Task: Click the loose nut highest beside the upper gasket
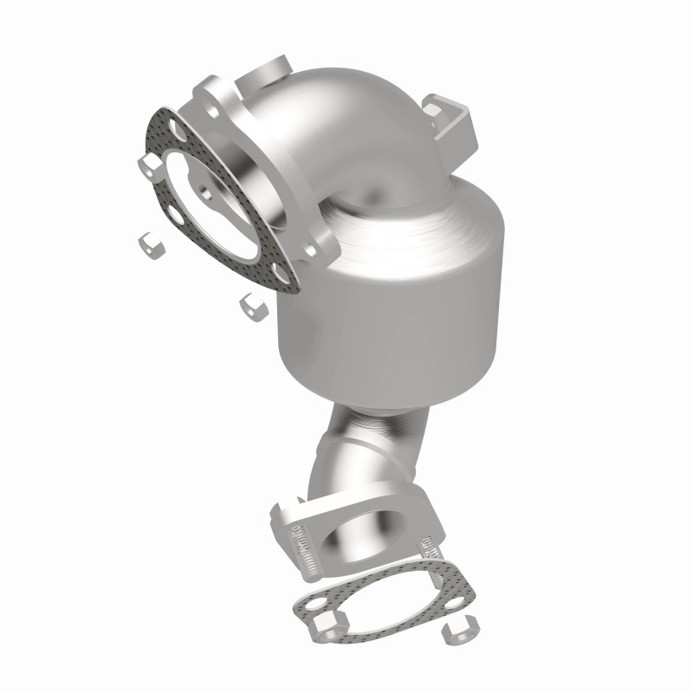(170, 165)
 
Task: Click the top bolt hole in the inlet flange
(209, 96)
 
